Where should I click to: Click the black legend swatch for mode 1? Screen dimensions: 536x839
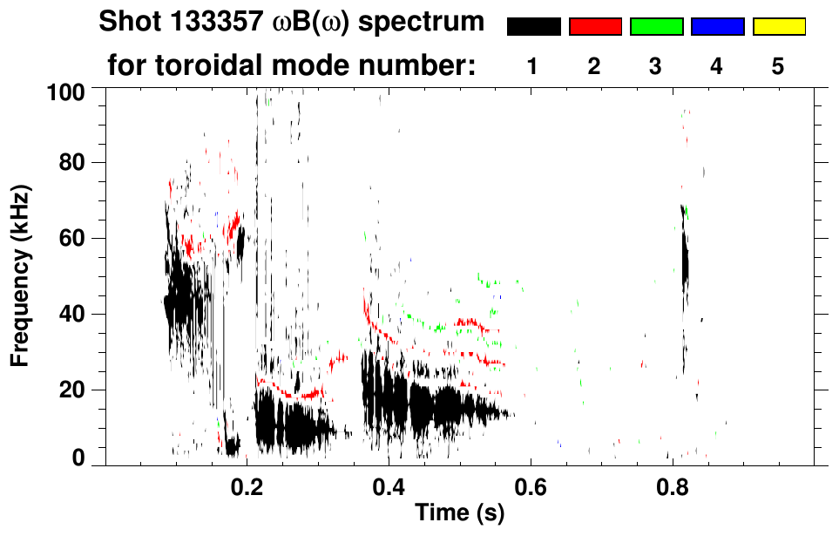[533, 27]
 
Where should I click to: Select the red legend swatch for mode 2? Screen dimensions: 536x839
[595, 27]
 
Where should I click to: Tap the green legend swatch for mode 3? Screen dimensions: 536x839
[656, 27]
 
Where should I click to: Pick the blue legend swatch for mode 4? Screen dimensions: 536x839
[717, 27]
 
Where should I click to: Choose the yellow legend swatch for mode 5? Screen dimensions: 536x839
[778, 27]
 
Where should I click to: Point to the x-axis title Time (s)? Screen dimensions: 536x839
[459, 514]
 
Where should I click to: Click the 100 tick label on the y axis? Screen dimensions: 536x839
[65, 90]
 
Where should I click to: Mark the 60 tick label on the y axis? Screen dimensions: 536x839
[71, 238]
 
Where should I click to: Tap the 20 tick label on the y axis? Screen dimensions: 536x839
[71, 390]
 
